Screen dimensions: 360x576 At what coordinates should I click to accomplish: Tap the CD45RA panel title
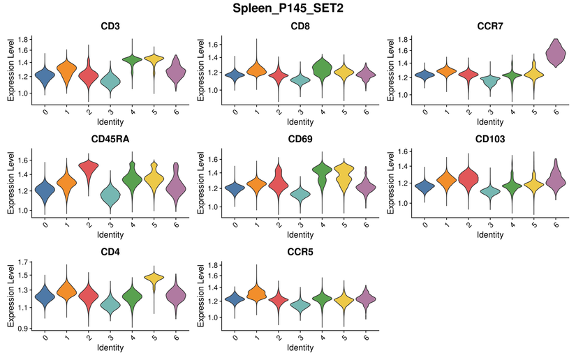click(x=108, y=138)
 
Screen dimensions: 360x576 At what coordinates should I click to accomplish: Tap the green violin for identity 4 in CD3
click(x=131, y=61)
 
